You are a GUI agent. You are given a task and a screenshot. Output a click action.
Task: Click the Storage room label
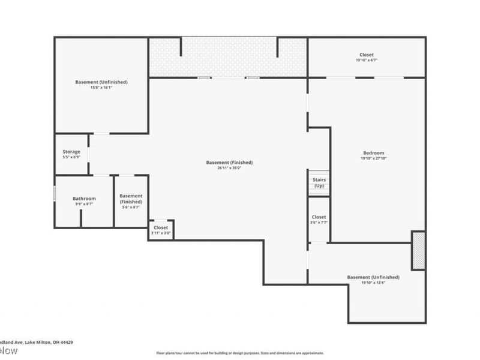coord(71,152)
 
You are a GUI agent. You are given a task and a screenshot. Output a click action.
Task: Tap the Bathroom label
coord(84,199)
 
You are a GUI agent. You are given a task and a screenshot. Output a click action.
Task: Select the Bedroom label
coord(373,153)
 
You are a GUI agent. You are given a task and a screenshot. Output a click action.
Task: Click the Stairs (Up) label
coord(319,183)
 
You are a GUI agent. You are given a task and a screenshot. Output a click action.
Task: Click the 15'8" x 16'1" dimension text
coord(101,88)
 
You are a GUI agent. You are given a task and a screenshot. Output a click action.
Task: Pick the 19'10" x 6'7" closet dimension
coord(366,61)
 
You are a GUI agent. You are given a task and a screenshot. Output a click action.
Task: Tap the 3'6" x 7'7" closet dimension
coord(319,223)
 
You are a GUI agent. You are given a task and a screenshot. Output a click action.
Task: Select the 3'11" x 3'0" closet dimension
coord(161,233)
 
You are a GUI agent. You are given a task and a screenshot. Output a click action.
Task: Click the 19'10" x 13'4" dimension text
coord(373,283)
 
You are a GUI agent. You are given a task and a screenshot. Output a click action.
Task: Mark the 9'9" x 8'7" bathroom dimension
coord(84,205)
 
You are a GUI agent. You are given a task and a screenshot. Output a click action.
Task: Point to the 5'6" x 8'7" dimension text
coord(131,208)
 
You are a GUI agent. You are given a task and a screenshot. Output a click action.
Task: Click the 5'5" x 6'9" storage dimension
coord(71,157)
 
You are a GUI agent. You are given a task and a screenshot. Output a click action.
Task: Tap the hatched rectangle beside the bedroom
coord(418,250)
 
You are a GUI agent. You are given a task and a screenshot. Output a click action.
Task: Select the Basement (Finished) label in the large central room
coord(229,163)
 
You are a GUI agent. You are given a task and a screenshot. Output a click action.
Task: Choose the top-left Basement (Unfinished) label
coord(101,82)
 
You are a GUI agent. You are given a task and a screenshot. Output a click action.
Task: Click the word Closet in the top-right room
coord(366,55)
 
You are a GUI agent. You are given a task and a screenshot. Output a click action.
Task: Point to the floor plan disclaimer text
coord(240,353)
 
